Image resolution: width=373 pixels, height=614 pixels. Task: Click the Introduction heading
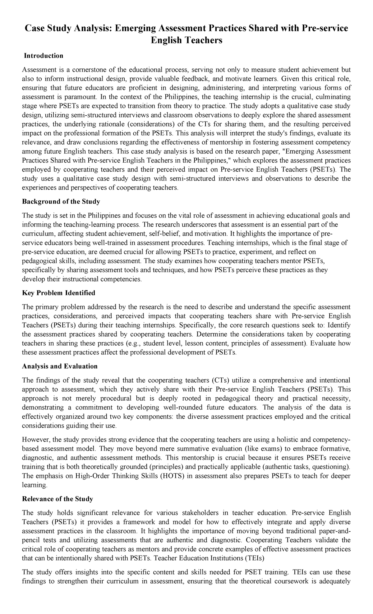click(x=44, y=56)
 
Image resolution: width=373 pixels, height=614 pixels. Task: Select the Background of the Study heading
click(x=61, y=201)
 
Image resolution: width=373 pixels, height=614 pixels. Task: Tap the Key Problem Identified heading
click(x=58, y=293)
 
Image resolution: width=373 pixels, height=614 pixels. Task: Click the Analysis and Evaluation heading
click(x=60, y=366)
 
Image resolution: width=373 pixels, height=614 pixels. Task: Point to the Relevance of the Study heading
click(x=58, y=499)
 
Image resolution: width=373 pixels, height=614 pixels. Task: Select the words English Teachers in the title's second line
click(x=186, y=40)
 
